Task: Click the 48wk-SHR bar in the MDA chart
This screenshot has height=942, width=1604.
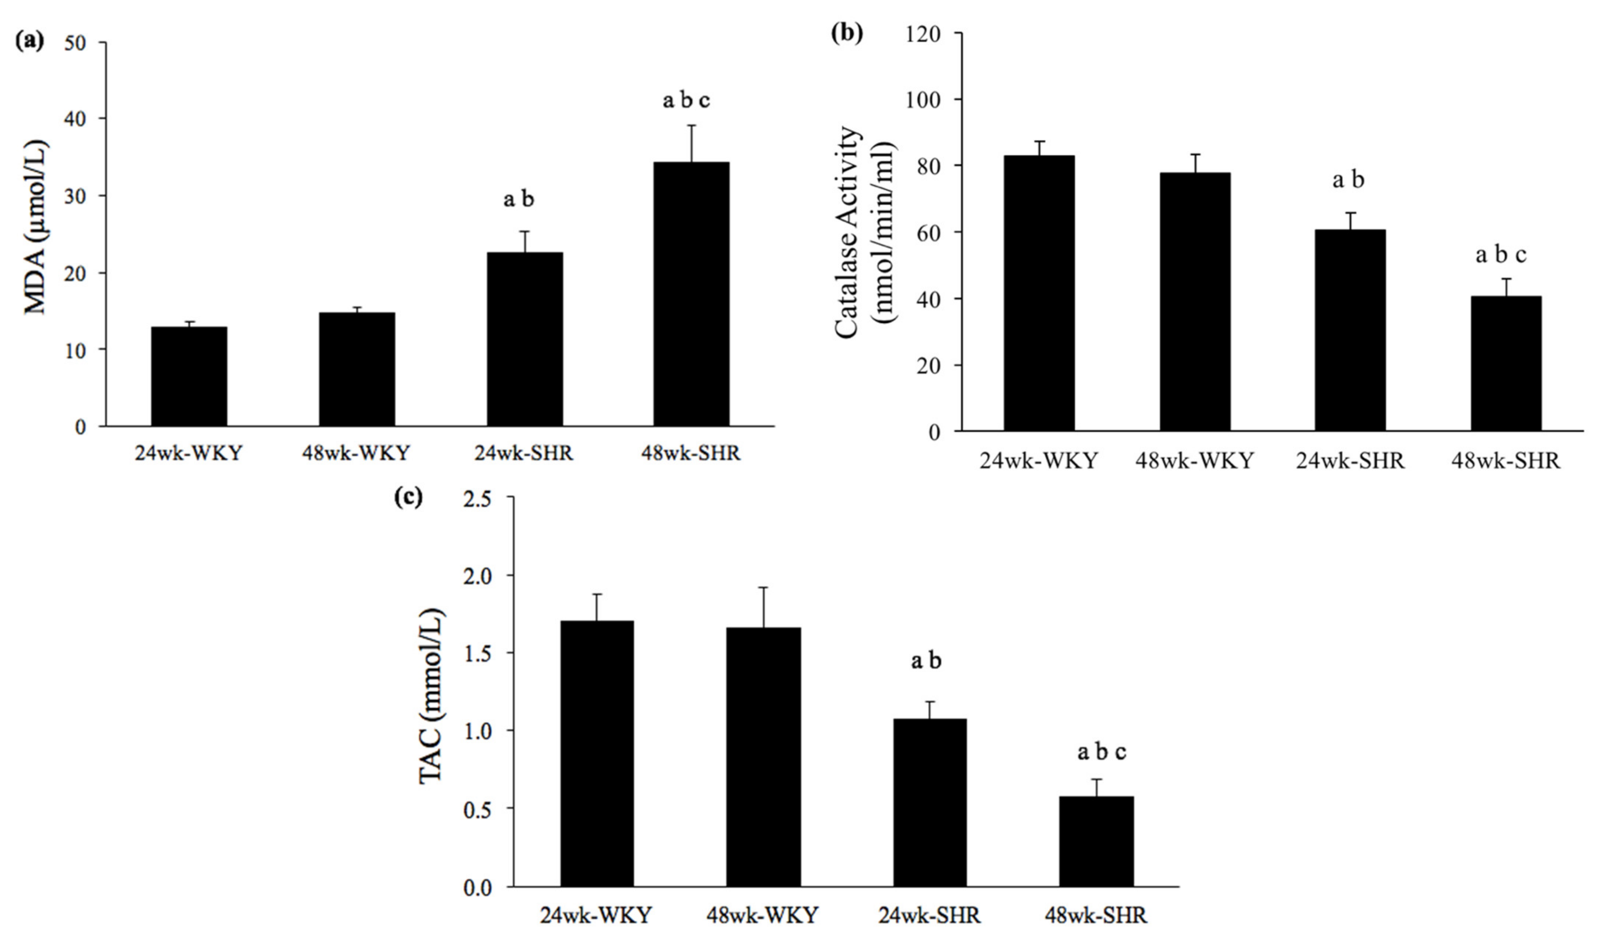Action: tap(691, 294)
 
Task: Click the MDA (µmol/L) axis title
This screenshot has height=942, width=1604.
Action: tap(37, 227)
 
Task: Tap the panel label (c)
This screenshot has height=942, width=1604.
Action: tap(408, 497)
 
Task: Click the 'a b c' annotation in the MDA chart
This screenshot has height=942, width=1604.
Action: tap(686, 100)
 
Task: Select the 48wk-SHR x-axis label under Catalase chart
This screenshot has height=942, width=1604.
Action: tap(1505, 461)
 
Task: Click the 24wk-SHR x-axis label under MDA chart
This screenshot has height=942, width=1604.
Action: tap(524, 454)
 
